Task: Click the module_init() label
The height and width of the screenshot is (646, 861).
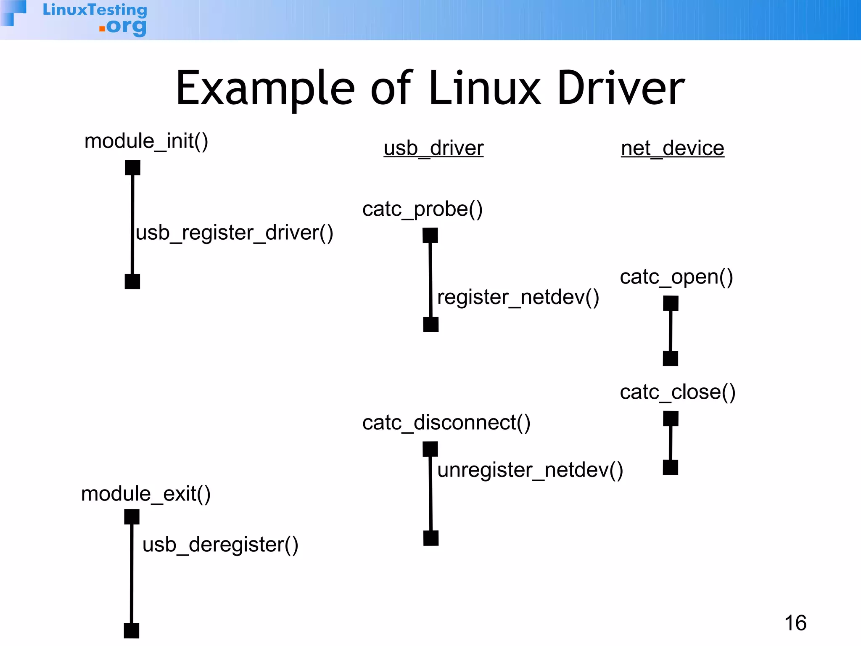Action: [146, 141]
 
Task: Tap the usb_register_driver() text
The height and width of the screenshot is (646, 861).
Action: [234, 233]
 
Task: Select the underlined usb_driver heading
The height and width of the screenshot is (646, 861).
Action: [433, 148]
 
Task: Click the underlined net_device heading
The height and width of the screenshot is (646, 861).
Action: [672, 148]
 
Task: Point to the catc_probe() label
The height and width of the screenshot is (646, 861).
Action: [422, 209]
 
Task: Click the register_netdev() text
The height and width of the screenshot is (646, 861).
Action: [518, 297]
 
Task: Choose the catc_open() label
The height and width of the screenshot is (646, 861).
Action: [676, 277]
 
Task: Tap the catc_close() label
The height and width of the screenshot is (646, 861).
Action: [677, 392]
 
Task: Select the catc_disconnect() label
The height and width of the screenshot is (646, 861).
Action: [446, 422]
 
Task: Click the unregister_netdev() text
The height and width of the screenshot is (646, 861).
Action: [530, 470]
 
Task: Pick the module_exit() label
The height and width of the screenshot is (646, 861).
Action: [145, 494]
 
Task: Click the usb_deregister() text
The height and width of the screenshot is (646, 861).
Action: [220, 545]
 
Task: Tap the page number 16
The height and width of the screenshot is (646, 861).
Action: [795, 623]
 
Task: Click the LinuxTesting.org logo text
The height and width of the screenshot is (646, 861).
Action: [95, 19]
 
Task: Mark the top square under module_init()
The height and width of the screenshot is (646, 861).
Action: [132, 167]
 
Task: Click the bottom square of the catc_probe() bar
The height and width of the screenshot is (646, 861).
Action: [430, 324]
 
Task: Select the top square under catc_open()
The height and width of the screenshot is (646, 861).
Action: [671, 303]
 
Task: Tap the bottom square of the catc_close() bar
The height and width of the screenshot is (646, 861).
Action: [670, 467]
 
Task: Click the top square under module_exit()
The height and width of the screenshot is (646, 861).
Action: [132, 517]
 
